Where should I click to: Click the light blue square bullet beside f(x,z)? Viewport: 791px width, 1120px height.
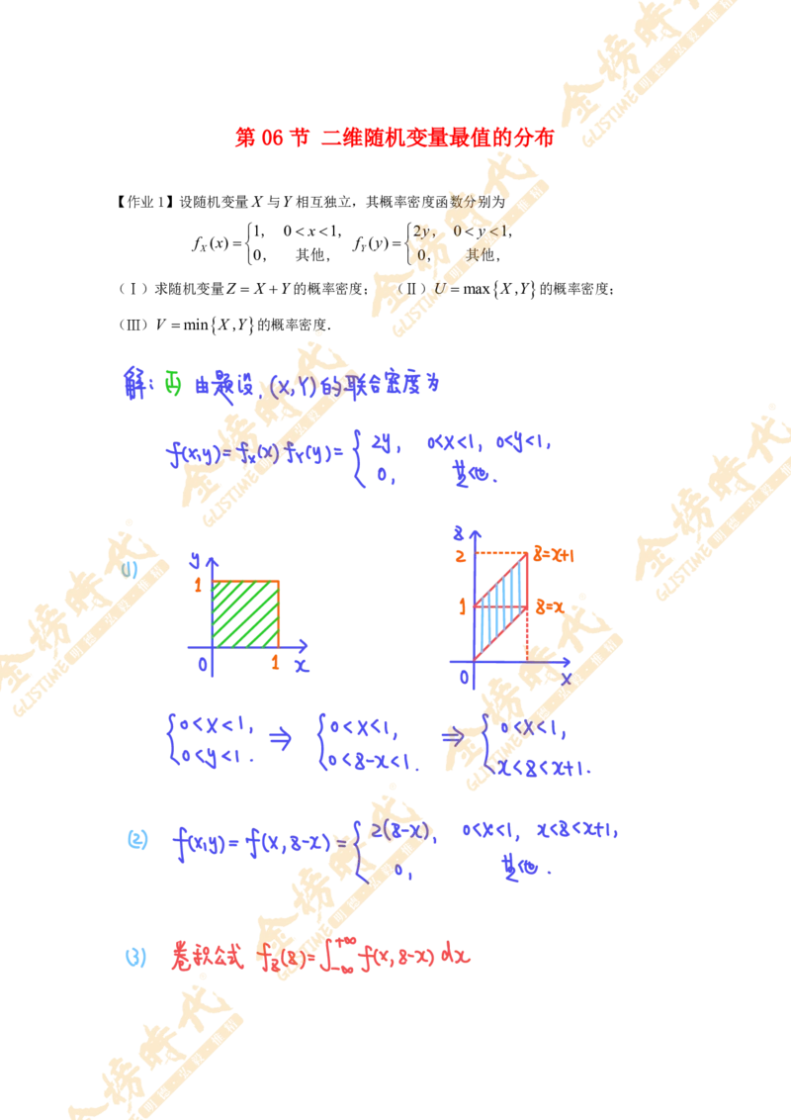click(x=138, y=841)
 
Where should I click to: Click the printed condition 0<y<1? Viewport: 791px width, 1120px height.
click(x=481, y=232)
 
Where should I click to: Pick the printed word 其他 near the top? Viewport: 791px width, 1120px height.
click(x=481, y=255)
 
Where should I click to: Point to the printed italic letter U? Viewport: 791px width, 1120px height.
click(x=441, y=288)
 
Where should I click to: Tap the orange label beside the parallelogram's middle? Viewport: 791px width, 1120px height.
click(x=550, y=603)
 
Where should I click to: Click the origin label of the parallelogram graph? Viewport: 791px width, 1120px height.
click(x=469, y=676)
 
